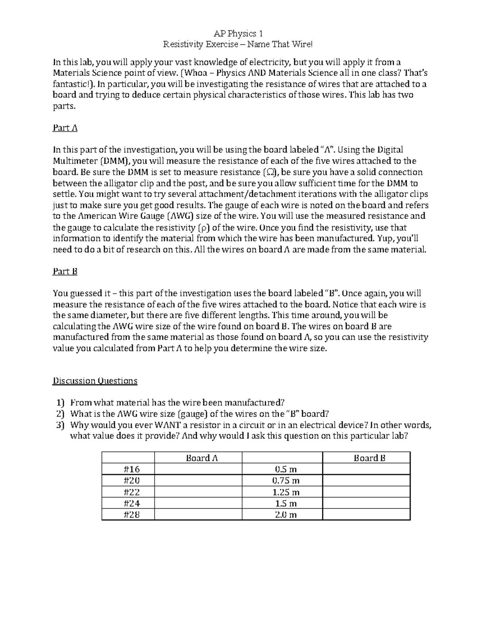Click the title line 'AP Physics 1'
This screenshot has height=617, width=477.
[238, 33]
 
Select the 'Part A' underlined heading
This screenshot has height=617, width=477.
[65, 128]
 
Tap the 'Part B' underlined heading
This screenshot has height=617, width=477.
[65, 271]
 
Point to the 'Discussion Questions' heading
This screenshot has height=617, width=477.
[95, 381]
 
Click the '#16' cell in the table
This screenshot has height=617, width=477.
[128, 469]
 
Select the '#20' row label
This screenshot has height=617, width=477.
[128, 480]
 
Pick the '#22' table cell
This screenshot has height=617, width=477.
[128, 492]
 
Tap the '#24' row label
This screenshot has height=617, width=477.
[128, 503]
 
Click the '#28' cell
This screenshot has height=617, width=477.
[128, 515]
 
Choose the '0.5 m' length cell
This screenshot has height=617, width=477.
[282, 469]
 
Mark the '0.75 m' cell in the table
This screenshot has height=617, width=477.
[282, 480]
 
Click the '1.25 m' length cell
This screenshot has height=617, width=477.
[282, 492]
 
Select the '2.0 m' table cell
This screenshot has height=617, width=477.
[282, 515]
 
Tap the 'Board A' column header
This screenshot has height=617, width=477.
[198, 458]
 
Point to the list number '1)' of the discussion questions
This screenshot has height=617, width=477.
[60, 402]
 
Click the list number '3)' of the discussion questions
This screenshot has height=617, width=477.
[60, 424]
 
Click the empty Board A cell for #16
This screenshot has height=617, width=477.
[198, 469]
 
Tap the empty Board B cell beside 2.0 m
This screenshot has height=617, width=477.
[366, 515]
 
